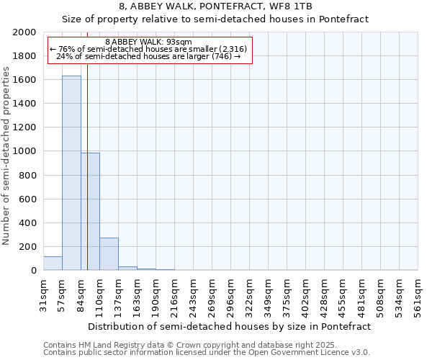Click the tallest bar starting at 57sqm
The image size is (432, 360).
[71, 173]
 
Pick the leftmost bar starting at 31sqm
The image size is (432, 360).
[53, 264]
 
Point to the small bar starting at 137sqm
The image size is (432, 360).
[127, 269]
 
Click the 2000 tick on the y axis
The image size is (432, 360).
[26, 32]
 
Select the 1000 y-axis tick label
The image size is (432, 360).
[26, 152]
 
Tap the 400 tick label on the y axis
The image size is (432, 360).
[29, 223]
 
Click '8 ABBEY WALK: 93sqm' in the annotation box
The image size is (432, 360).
[148, 42]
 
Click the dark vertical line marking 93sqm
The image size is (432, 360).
[87, 180]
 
